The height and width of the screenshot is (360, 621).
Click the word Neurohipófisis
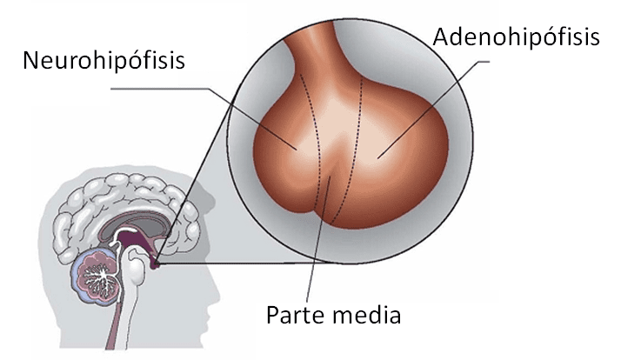(106, 62)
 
